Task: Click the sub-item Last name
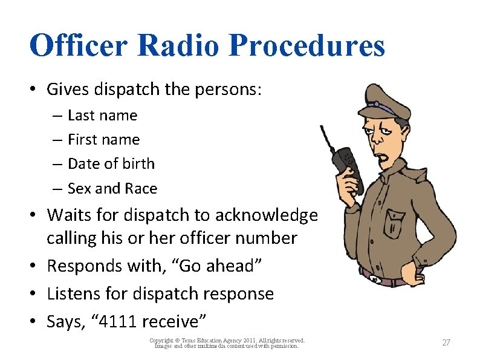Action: coord(102,115)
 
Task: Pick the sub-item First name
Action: coord(103,139)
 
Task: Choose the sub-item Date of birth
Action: coord(111,163)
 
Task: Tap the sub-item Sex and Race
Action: coord(112,188)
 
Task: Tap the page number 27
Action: coord(446,342)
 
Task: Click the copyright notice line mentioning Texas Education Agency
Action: coord(227,341)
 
